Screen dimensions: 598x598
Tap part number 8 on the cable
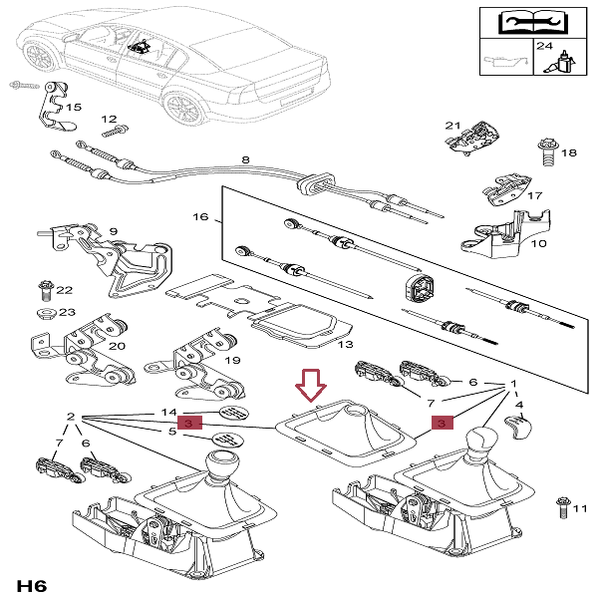pos(245,160)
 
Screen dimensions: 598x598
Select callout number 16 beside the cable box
pos(200,216)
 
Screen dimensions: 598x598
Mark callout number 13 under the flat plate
pos(344,345)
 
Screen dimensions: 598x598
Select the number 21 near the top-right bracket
pos(452,126)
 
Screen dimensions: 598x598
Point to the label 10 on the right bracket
pos(537,243)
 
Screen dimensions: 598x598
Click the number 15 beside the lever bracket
pos(74,107)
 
